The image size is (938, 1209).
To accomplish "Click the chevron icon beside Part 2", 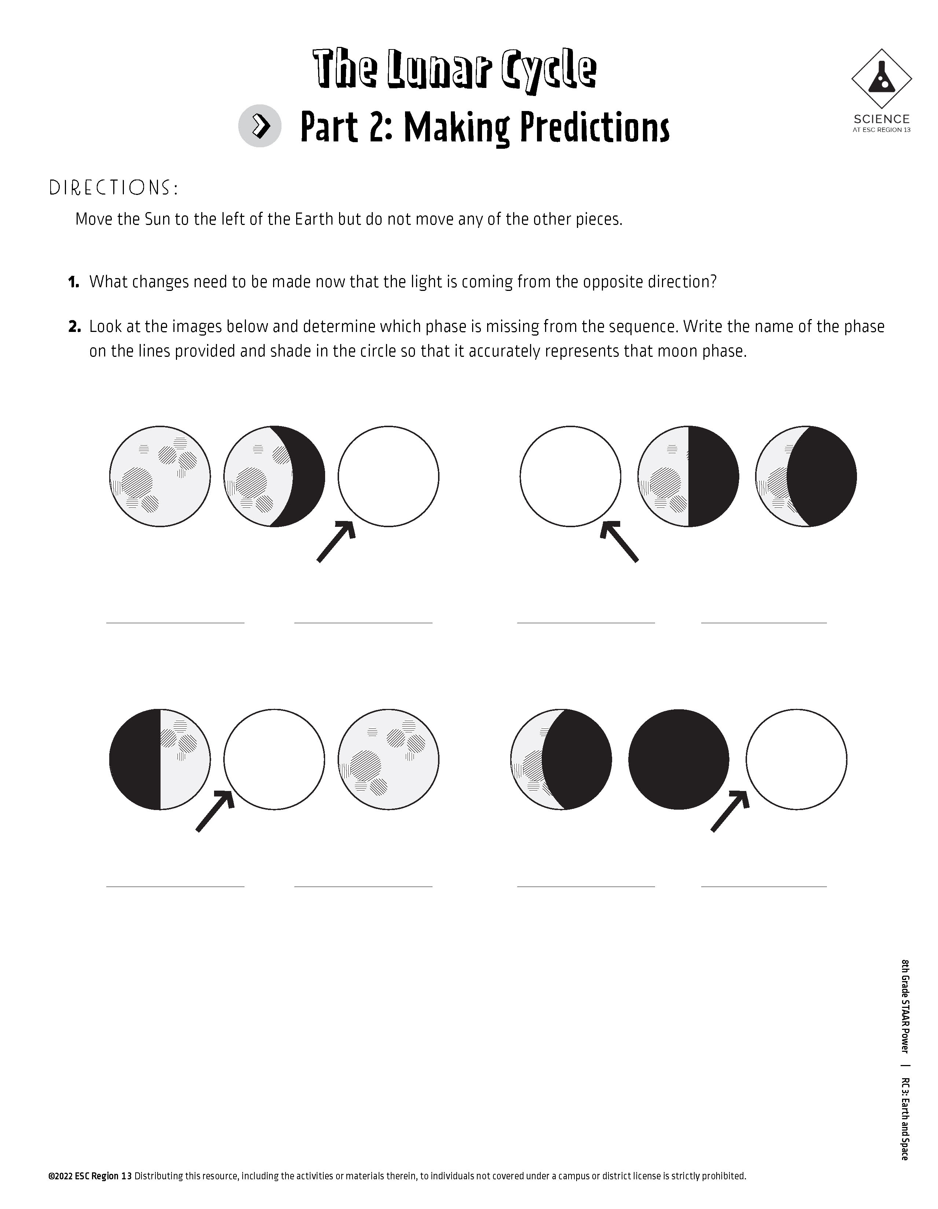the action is click(260, 126).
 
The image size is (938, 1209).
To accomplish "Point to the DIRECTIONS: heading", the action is click(114, 188).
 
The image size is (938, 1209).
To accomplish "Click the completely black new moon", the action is click(679, 759).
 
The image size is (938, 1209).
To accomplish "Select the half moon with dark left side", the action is click(160, 759).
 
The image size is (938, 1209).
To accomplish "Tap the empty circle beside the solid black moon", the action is click(796, 759).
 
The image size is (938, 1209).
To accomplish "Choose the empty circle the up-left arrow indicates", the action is click(570, 476).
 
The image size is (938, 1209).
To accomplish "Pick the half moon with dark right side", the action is click(688, 476).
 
